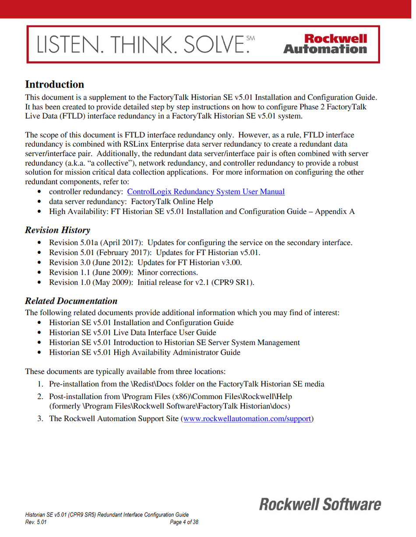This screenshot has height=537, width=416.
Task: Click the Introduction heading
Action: point(54,84)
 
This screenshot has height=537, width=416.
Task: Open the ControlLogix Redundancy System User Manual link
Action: point(206,192)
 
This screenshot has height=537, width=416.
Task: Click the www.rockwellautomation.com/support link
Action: point(247,419)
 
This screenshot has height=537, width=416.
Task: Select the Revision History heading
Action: point(57,230)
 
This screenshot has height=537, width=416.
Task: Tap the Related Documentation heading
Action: point(71,301)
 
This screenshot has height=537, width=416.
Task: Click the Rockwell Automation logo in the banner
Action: point(325,44)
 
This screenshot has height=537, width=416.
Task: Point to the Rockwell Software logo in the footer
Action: point(320,504)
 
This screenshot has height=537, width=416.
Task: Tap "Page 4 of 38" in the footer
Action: point(184,522)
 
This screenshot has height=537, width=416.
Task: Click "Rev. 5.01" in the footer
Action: point(36,522)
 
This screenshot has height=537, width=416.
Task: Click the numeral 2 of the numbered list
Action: point(39,397)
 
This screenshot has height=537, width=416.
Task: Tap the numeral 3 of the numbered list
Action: point(39,419)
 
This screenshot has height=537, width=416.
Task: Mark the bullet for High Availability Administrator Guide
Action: point(40,352)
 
